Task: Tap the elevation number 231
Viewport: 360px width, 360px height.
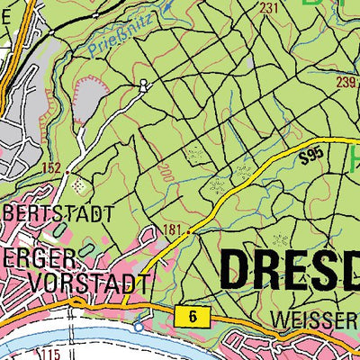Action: click(x=268, y=8)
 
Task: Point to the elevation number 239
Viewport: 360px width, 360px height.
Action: click(x=346, y=81)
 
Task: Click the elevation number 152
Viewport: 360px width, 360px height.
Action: click(x=52, y=167)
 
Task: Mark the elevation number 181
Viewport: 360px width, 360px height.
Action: click(x=173, y=232)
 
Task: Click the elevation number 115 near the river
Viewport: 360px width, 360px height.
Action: click(x=49, y=355)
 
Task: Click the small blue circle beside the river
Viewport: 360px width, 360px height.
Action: click(x=137, y=327)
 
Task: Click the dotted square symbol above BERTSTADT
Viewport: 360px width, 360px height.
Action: click(x=77, y=185)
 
